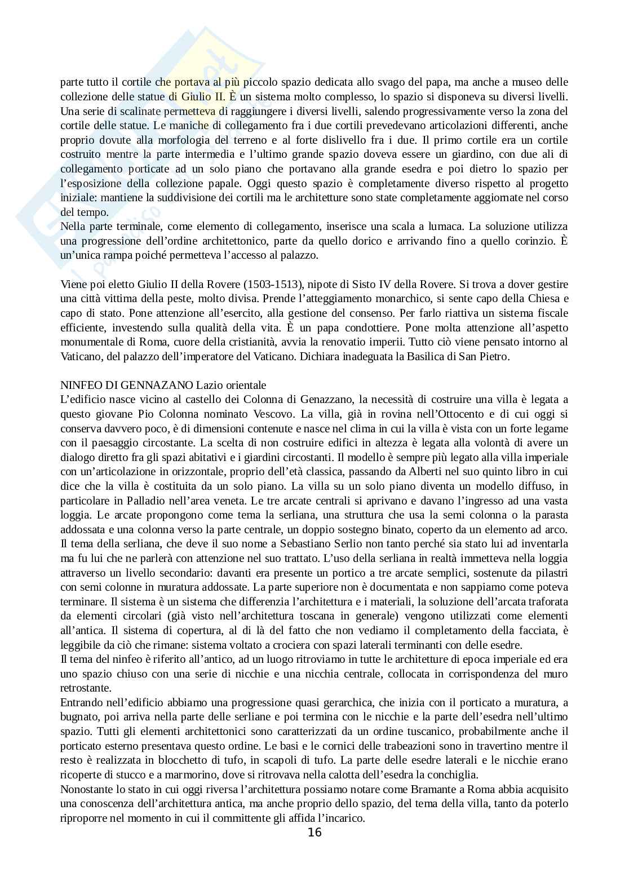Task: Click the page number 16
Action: pos(314,833)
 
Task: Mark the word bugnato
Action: pos(78,717)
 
